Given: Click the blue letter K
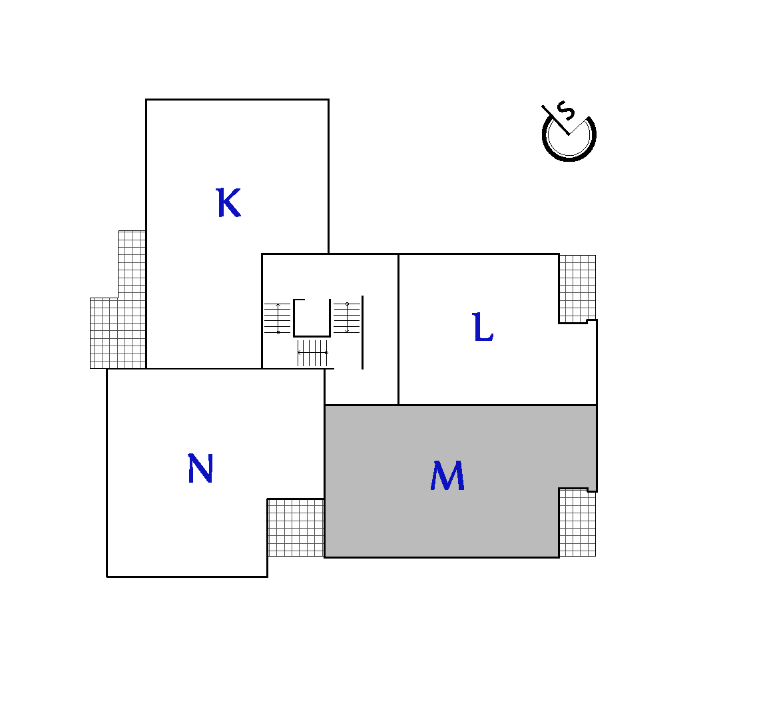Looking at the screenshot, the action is tap(228, 202).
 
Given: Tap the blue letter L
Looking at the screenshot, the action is tap(483, 327).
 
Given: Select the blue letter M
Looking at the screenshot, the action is tap(447, 475).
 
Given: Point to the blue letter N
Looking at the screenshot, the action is tap(200, 468).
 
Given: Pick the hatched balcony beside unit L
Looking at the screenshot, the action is tap(577, 288).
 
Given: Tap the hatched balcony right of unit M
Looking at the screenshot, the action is tap(577, 523).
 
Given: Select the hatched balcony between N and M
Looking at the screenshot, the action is tap(296, 527).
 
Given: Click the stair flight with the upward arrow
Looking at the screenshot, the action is tap(278, 318).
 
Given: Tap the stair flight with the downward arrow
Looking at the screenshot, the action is tap(347, 318).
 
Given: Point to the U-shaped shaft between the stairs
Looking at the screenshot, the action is tap(312, 336).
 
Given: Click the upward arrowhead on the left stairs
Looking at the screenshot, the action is tap(278, 306).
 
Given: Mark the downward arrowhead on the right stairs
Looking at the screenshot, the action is tap(347, 331).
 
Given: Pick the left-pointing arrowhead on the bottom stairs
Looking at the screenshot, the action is tap(300, 352).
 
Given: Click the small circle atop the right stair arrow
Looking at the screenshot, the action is tap(347, 304).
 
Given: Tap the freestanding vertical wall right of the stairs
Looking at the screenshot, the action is tap(362, 332).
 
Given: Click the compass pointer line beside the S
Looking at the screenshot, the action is tap(555, 120).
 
